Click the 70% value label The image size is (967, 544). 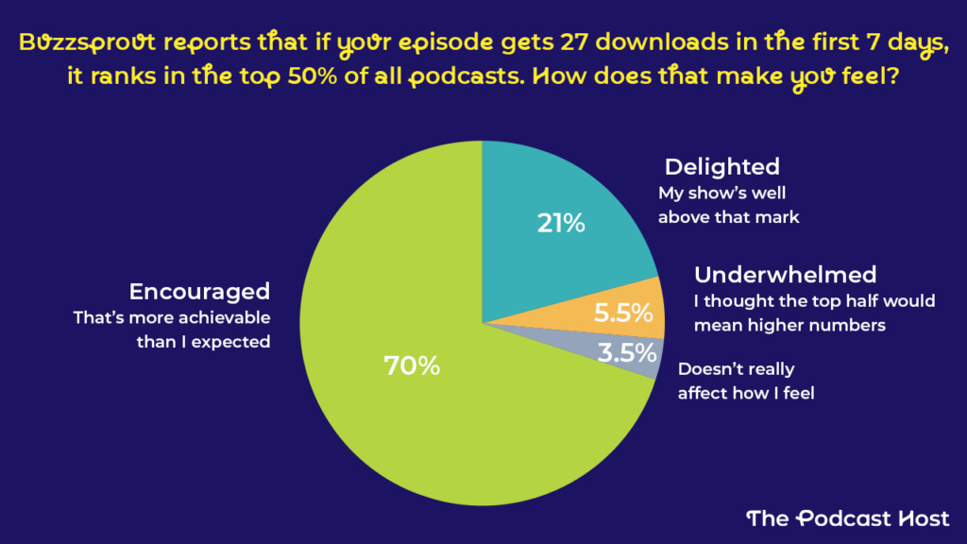[412, 365]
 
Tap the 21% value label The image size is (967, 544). [561, 225]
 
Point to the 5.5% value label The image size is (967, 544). [623, 314]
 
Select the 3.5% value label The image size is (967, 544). [626, 353]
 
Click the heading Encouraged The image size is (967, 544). [199, 291]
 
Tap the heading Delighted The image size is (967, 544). [721, 167]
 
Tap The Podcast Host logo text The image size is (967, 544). [847, 517]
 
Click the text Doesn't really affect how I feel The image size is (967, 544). [745, 381]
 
